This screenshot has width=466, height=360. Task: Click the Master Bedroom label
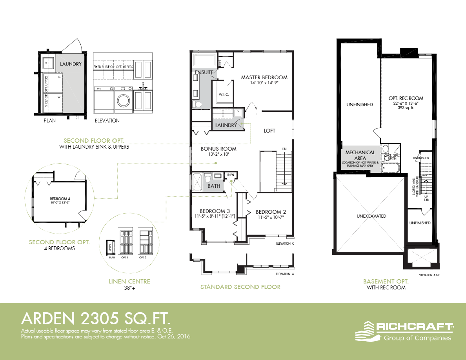tap(264, 77)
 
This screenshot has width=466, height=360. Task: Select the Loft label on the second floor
tap(269, 131)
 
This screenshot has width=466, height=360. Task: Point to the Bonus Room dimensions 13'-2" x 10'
tap(218, 155)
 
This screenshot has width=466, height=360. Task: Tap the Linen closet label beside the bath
tap(230, 175)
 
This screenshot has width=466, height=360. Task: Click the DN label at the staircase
tap(284, 149)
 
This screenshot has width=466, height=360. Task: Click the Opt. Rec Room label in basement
tap(406, 98)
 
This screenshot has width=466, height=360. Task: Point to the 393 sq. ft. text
tap(406, 107)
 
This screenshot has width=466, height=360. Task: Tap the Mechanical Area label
tap(360, 155)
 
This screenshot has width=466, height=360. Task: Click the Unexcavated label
tap(371, 216)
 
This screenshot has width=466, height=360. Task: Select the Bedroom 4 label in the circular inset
tap(59, 198)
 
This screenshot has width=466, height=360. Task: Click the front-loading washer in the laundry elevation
tap(124, 100)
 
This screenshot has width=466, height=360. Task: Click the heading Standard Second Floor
tap(240, 287)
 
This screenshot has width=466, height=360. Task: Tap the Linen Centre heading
tap(129, 282)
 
